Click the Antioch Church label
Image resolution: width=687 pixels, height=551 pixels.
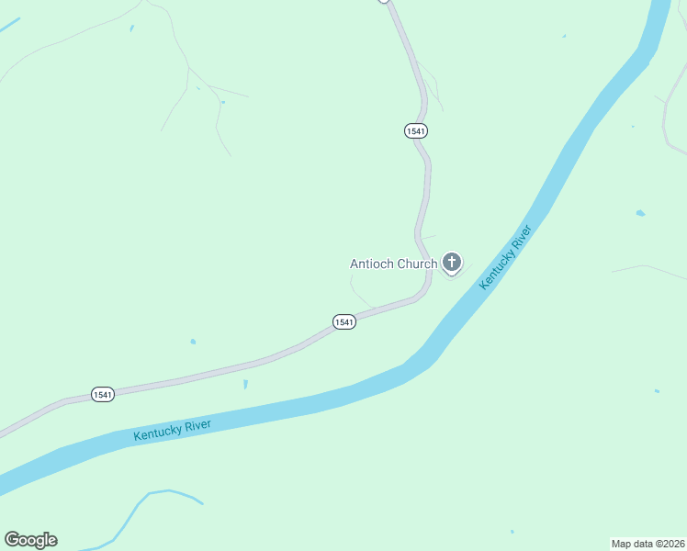pyautogui.click(x=393, y=264)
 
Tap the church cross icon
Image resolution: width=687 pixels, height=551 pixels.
pyautogui.click(x=451, y=264)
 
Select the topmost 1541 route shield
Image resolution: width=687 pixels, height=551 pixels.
pyautogui.click(x=415, y=131)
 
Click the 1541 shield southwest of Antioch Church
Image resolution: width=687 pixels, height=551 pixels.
pyautogui.click(x=343, y=322)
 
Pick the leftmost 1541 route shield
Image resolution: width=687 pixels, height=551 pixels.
pyautogui.click(x=103, y=395)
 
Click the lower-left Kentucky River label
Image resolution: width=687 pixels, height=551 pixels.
pyautogui.click(x=172, y=429)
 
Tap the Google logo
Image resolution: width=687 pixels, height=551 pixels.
pyautogui.click(x=30, y=540)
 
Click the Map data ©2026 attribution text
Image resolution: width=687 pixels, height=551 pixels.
pyautogui.click(x=648, y=543)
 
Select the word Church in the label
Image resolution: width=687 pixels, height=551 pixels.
pyautogui.click(x=417, y=264)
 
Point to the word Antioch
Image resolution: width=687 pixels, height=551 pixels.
pyautogui.click(x=372, y=264)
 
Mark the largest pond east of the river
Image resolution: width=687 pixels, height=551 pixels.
pyautogui.click(x=640, y=213)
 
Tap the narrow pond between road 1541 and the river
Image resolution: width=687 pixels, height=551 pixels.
pyautogui.click(x=245, y=384)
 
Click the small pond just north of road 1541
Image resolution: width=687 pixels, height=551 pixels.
pyautogui.click(x=193, y=342)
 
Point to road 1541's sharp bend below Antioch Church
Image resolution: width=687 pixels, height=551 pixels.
pyautogui.click(x=423, y=290)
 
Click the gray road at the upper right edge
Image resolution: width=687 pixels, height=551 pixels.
pyautogui.click(x=670, y=119)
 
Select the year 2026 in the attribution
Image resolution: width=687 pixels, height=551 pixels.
pyautogui.click(x=671, y=543)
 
